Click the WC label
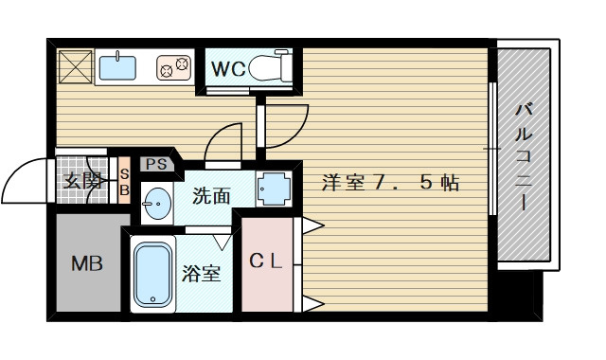click(x=228, y=69)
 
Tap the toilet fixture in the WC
click(x=273, y=68)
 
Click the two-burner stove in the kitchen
click(x=173, y=67)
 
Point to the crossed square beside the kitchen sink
click(x=73, y=66)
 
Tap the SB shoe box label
click(x=123, y=182)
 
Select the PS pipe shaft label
click(x=156, y=165)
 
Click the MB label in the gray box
click(x=87, y=263)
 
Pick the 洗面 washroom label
click(x=211, y=196)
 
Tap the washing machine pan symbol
click(x=274, y=189)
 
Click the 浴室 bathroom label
click(x=202, y=274)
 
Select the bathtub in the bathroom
click(x=151, y=274)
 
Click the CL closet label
click(x=266, y=262)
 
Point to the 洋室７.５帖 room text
click(x=390, y=183)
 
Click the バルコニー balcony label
click(x=523, y=155)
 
